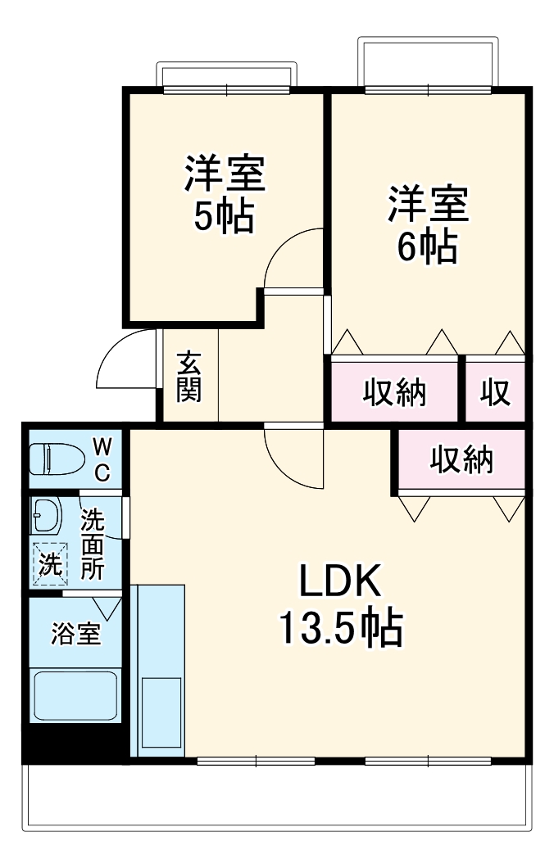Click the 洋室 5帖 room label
coord(223,194)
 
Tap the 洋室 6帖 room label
coord(427,224)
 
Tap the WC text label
coord(102,459)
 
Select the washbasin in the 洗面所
coord(46,515)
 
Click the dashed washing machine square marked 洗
coord(49,565)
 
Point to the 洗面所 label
coord(93,545)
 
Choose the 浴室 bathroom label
coord(75,635)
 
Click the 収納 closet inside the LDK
coord(462,460)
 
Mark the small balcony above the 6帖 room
coord(428,61)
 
